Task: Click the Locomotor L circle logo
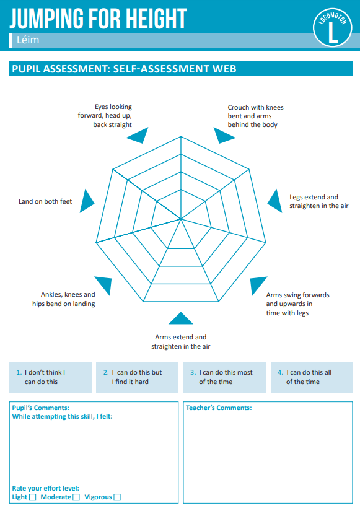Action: coord(332,27)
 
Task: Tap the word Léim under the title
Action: coord(28,40)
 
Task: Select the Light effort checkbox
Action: coord(32,497)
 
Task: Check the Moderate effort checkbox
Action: coord(76,497)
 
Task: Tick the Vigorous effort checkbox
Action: coord(117,497)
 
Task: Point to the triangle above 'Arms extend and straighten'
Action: coord(181,318)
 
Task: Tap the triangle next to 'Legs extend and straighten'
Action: coord(276,201)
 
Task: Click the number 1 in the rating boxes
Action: coord(19,372)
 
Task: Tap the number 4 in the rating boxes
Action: coord(280,372)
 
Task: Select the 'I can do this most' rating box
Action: coord(224,377)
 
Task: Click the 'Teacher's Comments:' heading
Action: coord(219,408)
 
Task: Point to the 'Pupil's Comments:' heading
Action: coord(40,408)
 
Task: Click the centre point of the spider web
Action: coord(181,219)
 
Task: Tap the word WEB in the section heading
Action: coord(224,69)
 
